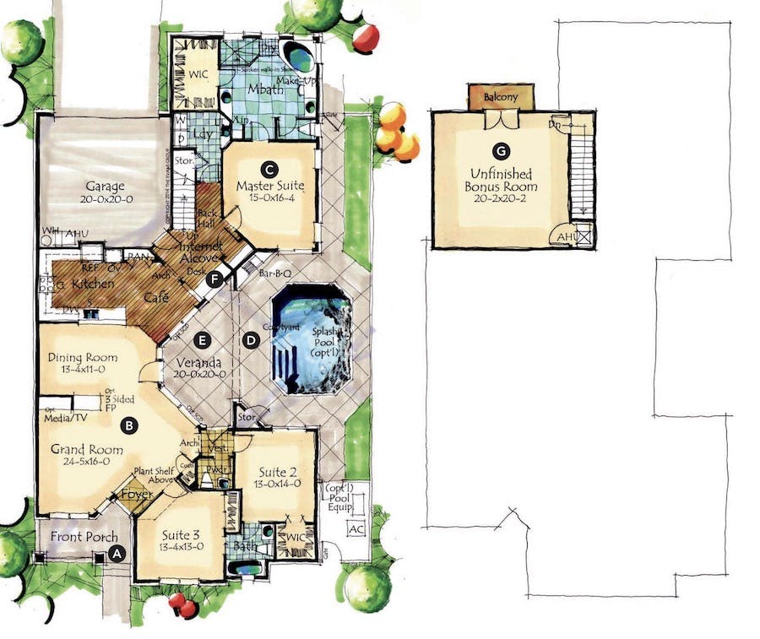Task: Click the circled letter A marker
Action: (x=117, y=554)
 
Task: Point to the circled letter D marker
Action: (x=250, y=340)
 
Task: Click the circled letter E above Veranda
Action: (x=201, y=340)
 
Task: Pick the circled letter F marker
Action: (x=217, y=278)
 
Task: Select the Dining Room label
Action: (x=82, y=357)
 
